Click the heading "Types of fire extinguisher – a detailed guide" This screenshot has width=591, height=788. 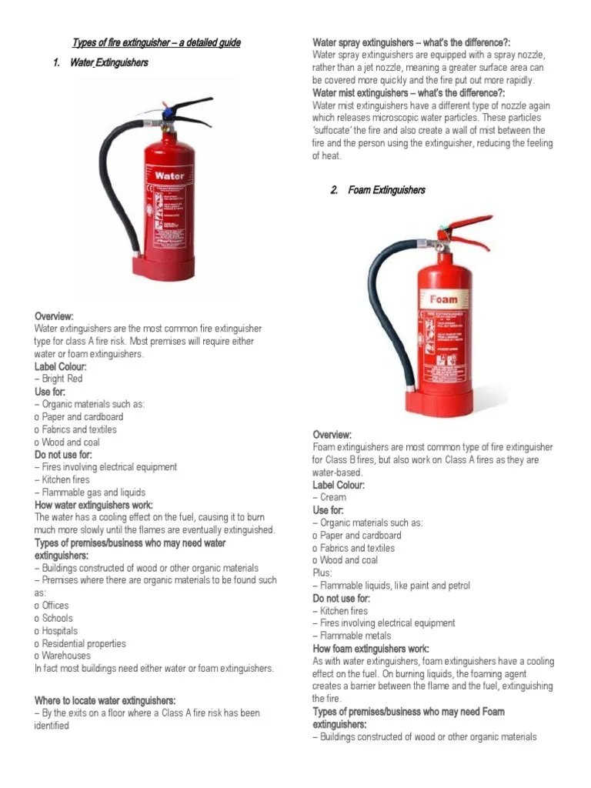[156, 42]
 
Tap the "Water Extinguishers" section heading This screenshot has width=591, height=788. [109, 62]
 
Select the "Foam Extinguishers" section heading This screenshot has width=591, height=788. [386, 190]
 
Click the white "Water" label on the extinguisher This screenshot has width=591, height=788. [169, 175]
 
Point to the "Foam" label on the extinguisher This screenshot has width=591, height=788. [443, 299]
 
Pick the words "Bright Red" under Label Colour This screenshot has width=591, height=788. [62, 379]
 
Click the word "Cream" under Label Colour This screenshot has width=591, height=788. [333, 498]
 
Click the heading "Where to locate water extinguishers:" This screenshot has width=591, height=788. [105, 700]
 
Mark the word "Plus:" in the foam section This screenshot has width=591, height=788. [322, 573]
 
